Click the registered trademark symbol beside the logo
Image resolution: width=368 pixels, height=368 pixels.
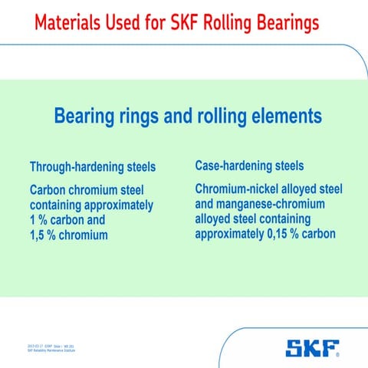[339, 356]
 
